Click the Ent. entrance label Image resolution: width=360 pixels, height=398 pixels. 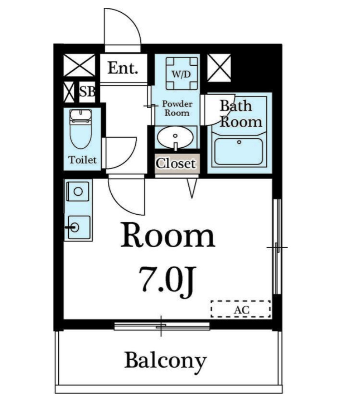123,68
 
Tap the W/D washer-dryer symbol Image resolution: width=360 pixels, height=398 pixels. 182,74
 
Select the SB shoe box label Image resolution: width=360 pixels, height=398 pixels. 87,92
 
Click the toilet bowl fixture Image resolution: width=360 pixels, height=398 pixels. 81,129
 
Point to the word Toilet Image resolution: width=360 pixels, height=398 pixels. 83,160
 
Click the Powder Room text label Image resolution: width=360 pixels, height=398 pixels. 177,108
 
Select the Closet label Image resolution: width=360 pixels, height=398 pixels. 176,163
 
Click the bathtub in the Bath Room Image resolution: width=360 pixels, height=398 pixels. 239,152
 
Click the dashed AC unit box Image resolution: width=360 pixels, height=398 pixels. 240,309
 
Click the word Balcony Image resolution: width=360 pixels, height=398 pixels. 166,361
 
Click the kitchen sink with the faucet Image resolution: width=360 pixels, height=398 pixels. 79,227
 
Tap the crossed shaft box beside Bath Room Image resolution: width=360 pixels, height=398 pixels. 219,68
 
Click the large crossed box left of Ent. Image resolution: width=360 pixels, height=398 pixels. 79,65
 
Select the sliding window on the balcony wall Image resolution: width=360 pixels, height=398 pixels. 162,326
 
